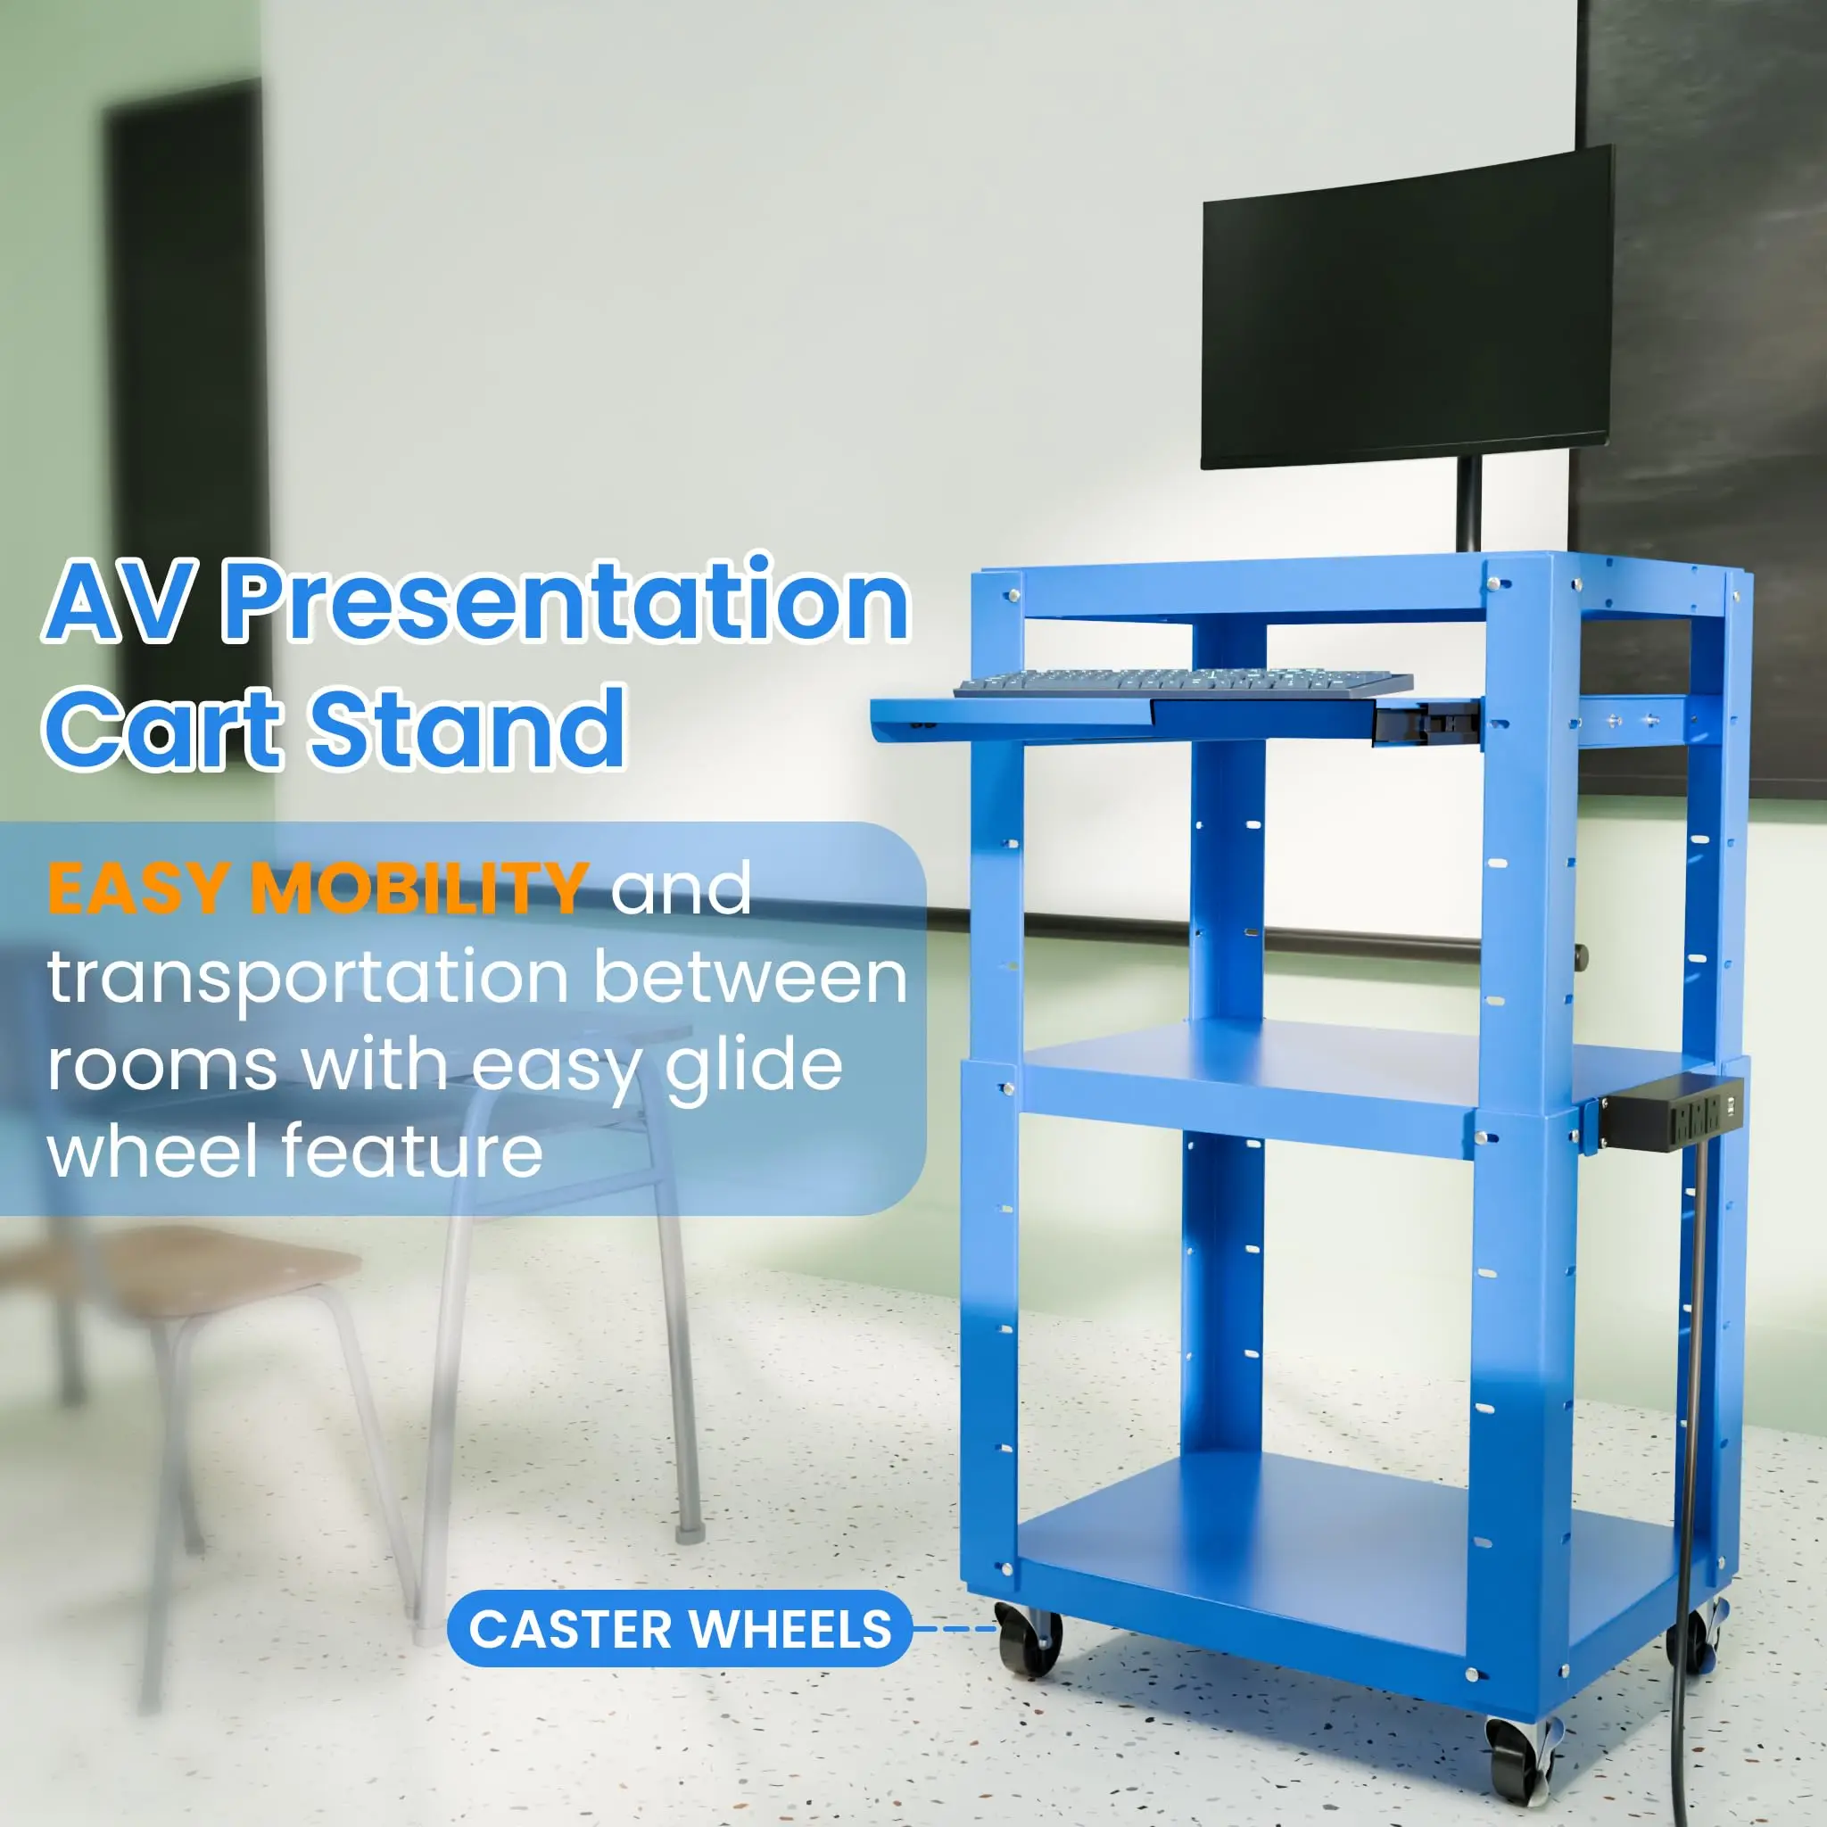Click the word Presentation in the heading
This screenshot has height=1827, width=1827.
[566, 602]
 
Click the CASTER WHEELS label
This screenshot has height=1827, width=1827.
[679, 1628]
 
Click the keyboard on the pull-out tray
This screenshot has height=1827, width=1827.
[1182, 682]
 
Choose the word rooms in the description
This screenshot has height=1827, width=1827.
[161, 1066]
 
